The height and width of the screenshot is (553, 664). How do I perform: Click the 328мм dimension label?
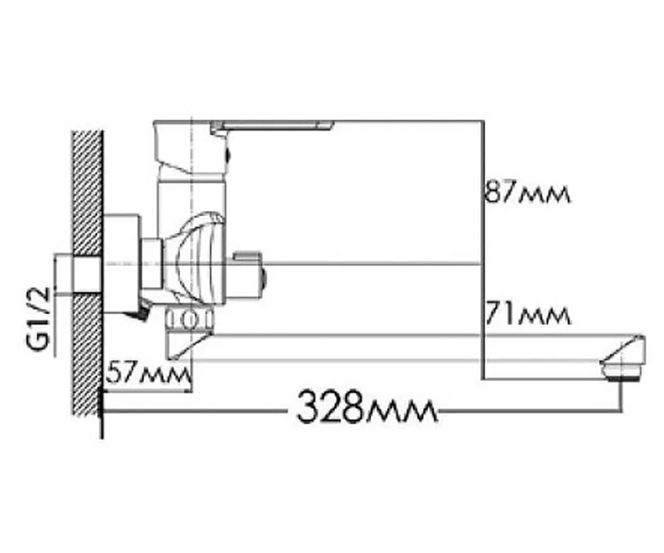pyautogui.click(x=366, y=408)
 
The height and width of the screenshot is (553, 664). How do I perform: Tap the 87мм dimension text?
pyautogui.click(x=527, y=192)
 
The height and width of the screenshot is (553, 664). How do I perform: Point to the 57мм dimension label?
pyautogui.click(x=148, y=374)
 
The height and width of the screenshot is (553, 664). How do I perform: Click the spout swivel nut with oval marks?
pyautogui.click(x=189, y=319)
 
